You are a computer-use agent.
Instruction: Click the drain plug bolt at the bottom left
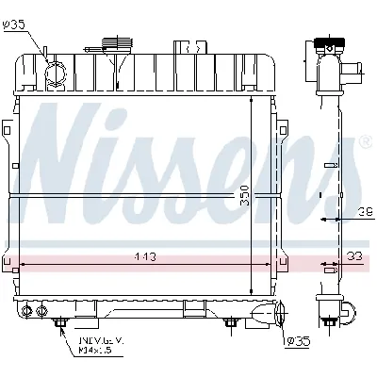coord(62,324)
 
